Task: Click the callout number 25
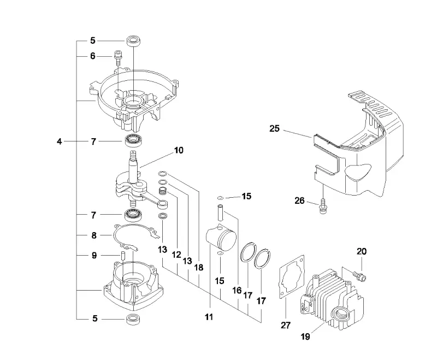click(275, 128)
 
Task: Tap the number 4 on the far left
click(59, 141)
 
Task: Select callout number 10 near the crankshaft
click(179, 150)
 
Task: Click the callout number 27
click(286, 325)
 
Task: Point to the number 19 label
click(305, 337)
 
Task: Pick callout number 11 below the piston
click(209, 317)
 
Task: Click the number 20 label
click(362, 251)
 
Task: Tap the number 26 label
click(299, 200)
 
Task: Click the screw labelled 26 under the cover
click(323, 206)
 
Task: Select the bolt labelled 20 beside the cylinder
click(359, 276)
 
